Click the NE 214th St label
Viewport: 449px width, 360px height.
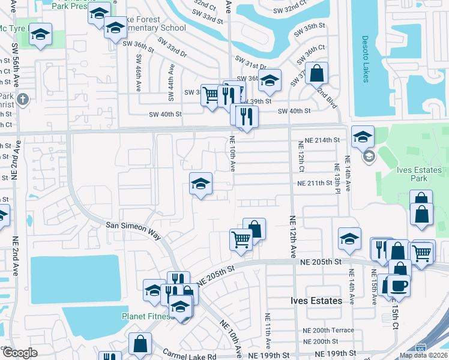[322, 140]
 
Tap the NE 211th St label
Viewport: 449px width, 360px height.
[315, 183]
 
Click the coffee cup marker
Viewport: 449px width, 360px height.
[399, 284]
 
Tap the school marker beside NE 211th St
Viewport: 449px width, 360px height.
[200, 184]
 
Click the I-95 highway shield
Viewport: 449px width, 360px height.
[421, 347]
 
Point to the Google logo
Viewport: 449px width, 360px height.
[20, 353]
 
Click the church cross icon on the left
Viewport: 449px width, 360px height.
[23, 100]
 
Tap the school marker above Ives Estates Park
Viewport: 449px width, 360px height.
[363, 137]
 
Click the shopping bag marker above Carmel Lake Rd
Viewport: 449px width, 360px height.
[140, 344]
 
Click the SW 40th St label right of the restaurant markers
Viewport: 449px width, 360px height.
[294, 111]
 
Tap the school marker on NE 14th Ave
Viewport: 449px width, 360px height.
[349, 239]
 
